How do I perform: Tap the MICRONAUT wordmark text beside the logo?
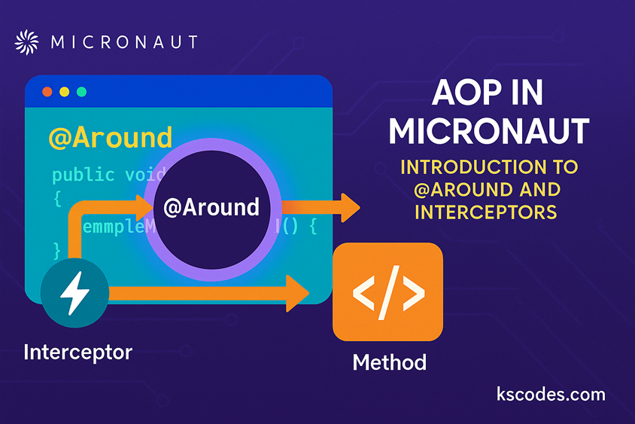coord(124,41)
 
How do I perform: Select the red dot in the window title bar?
coord(47,91)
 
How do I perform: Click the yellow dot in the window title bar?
coord(64,91)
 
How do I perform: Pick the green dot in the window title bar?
coord(81,91)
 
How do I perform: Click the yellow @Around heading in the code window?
coord(110,137)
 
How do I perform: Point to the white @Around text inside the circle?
coord(211,207)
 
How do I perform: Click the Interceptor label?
coord(77,351)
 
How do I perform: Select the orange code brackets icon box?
coord(388,291)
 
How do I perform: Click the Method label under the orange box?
coord(389,362)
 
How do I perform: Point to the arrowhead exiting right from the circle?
coord(349,207)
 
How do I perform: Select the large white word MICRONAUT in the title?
coord(488,130)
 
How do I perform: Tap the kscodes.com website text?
coord(551,394)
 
